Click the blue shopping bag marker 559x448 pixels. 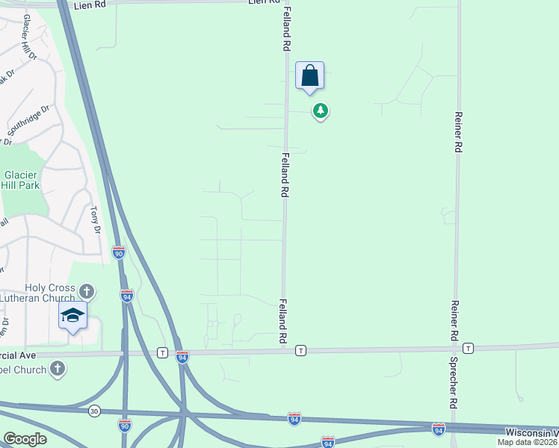(x=309, y=76)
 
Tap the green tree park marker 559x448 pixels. (x=321, y=111)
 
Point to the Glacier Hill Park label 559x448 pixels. (x=20, y=178)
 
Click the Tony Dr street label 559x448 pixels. (x=95, y=221)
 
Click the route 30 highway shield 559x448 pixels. (x=94, y=411)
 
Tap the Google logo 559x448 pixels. (x=25, y=439)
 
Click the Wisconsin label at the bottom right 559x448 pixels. (x=531, y=432)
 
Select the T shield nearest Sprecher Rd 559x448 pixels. (x=468, y=349)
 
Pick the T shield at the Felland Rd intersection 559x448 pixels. (x=300, y=350)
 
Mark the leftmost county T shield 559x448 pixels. (x=162, y=352)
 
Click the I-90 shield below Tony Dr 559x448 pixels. (x=119, y=253)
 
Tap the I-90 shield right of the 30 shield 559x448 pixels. (x=125, y=425)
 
